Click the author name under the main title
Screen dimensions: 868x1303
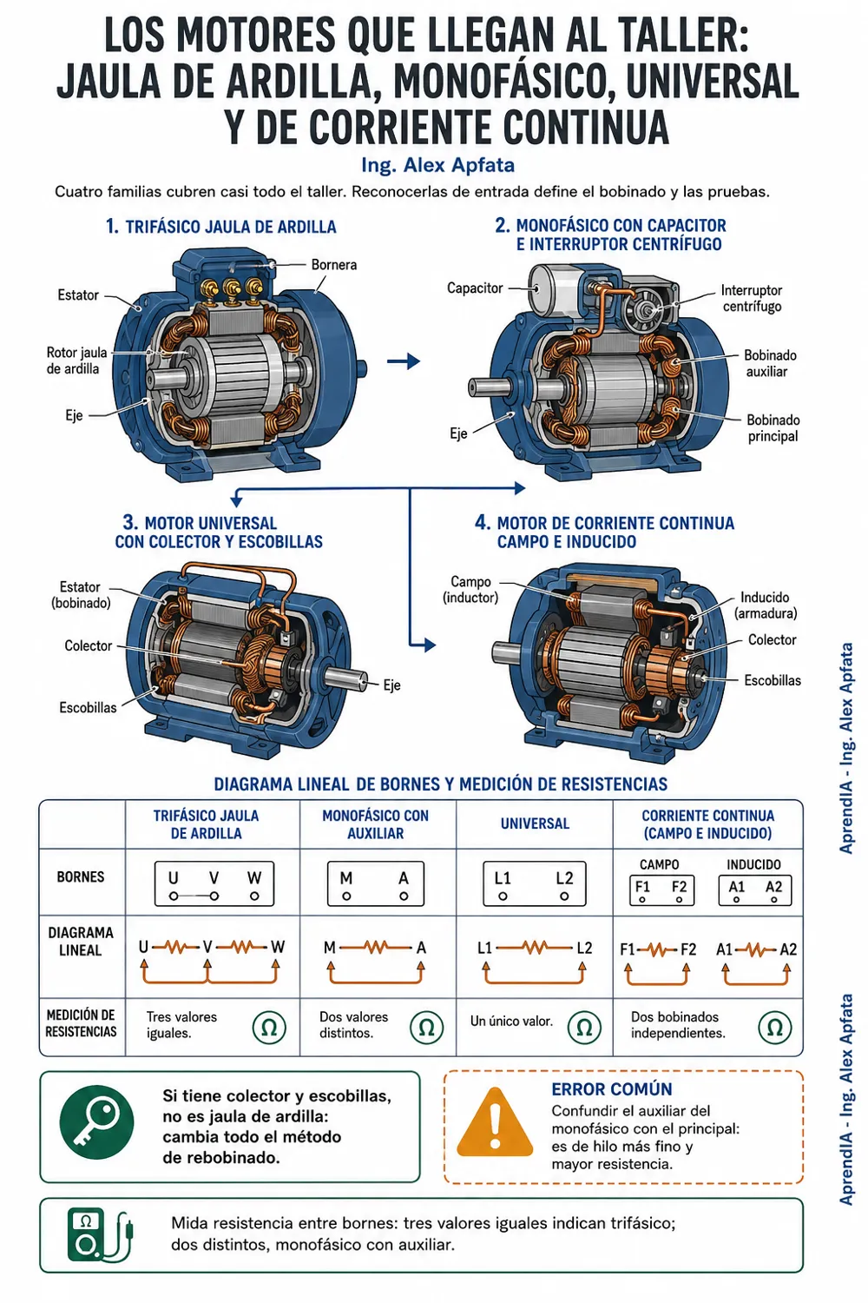(437, 165)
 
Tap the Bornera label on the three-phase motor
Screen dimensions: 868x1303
(333, 265)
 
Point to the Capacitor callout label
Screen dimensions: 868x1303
(475, 288)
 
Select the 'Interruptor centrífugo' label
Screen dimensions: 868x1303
(751, 298)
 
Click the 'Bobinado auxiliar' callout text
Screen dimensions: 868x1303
(770, 364)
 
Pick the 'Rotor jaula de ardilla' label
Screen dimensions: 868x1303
(76, 360)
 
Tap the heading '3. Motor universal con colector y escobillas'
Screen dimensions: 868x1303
(219, 532)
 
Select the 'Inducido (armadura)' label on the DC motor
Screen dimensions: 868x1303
(765, 605)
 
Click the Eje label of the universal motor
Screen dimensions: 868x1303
(391, 685)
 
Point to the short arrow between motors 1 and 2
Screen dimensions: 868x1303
(404, 361)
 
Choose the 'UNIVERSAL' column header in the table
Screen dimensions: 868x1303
(535, 823)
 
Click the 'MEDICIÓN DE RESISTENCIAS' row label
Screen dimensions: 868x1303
(81, 1023)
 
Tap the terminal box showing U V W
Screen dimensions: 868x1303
(214, 883)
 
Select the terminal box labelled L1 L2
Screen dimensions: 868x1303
(535, 883)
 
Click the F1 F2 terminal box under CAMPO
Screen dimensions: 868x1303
(661, 890)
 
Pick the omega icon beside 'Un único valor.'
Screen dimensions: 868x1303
(583, 1028)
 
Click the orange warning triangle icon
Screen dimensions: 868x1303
(495, 1122)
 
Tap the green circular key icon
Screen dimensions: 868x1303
(96, 1122)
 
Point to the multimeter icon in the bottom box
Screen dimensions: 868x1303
(100, 1234)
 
